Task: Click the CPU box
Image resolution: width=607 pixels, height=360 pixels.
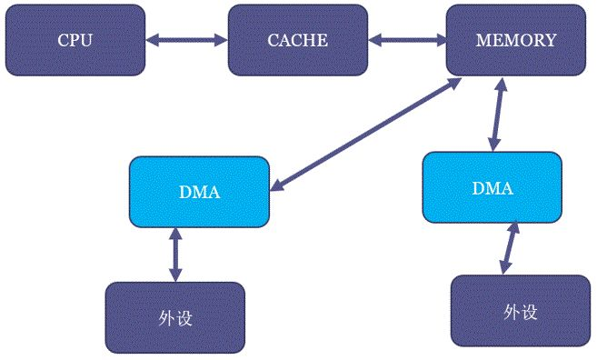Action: tap(75, 40)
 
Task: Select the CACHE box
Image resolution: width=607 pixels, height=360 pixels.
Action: tap(297, 40)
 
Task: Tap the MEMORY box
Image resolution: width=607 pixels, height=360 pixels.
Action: tap(515, 40)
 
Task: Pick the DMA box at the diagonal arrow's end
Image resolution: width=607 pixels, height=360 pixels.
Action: tap(199, 192)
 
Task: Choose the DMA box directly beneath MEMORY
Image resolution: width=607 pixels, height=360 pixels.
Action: tap(493, 187)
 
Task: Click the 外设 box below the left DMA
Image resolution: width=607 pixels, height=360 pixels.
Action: tap(175, 317)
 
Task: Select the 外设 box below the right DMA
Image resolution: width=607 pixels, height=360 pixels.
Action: tap(521, 311)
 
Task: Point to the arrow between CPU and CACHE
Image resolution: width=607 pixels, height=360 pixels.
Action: tap(186, 40)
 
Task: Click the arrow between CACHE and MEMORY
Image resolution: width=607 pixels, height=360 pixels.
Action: tap(407, 40)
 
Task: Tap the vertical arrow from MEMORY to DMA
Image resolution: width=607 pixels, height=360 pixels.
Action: tap(496, 115)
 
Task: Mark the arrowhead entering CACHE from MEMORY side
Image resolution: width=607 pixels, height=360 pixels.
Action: tap(373, 40)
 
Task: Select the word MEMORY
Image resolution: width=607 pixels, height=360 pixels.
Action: tap(515, 40)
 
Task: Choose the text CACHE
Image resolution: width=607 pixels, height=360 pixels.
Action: tap(297, 40)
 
